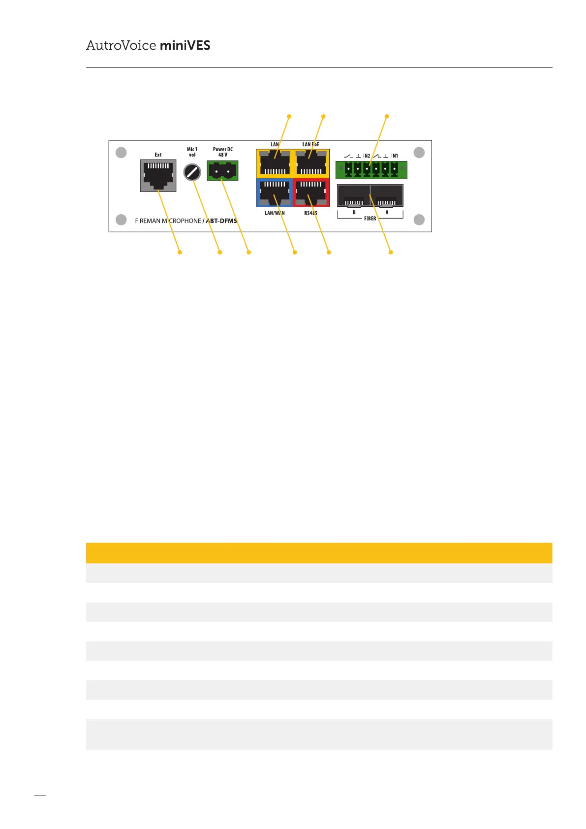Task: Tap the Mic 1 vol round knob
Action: click(x=192, y=172)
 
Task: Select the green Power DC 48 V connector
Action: click(x=222, y=171)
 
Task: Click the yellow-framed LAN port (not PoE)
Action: click(x=275, y=163)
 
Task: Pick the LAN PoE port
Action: click(x=311, y=163)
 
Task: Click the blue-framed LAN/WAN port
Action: click(x=275, y=193)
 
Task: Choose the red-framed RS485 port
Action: click(x=311, y=193)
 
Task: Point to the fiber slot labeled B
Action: click(x=354, y=195)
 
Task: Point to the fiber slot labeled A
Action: click(x=387, y=195)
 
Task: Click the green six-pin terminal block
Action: click(x=371, y=170)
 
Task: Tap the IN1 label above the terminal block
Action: click(x=395, y=156)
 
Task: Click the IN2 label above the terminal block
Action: click(x=367, y=156)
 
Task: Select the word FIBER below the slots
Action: click(x=370, y=219)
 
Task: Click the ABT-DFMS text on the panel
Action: click(x=221, y=221)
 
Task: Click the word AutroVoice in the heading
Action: click(x=121, y=46)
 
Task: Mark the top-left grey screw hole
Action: click(x=121, y=153)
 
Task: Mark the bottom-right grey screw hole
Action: click(x=419, y=220)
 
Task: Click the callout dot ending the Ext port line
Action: click(x=180, y=252)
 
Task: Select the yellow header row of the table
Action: click(x=319, y=553)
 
